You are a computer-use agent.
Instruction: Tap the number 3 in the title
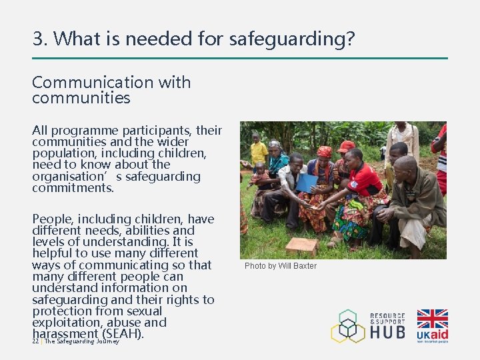[38, 39]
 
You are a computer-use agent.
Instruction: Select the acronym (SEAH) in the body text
[122, 333]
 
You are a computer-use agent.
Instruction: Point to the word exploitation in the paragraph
[67, 322]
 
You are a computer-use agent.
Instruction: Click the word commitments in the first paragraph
[73, 188]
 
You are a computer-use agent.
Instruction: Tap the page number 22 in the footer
[35, 341]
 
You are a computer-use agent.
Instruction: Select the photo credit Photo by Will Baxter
[281, 266]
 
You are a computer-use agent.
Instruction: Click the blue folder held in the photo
[307, 182]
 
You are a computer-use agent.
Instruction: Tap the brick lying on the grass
[302, 246]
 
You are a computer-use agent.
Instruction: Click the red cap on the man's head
[347, 146]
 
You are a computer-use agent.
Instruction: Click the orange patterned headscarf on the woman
[324, 152]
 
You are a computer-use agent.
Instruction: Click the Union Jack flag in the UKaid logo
[432, 319]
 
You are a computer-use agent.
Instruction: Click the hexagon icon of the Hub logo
[348, 326]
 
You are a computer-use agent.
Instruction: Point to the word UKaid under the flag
[432, 334]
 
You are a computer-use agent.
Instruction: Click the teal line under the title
[240, 58]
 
